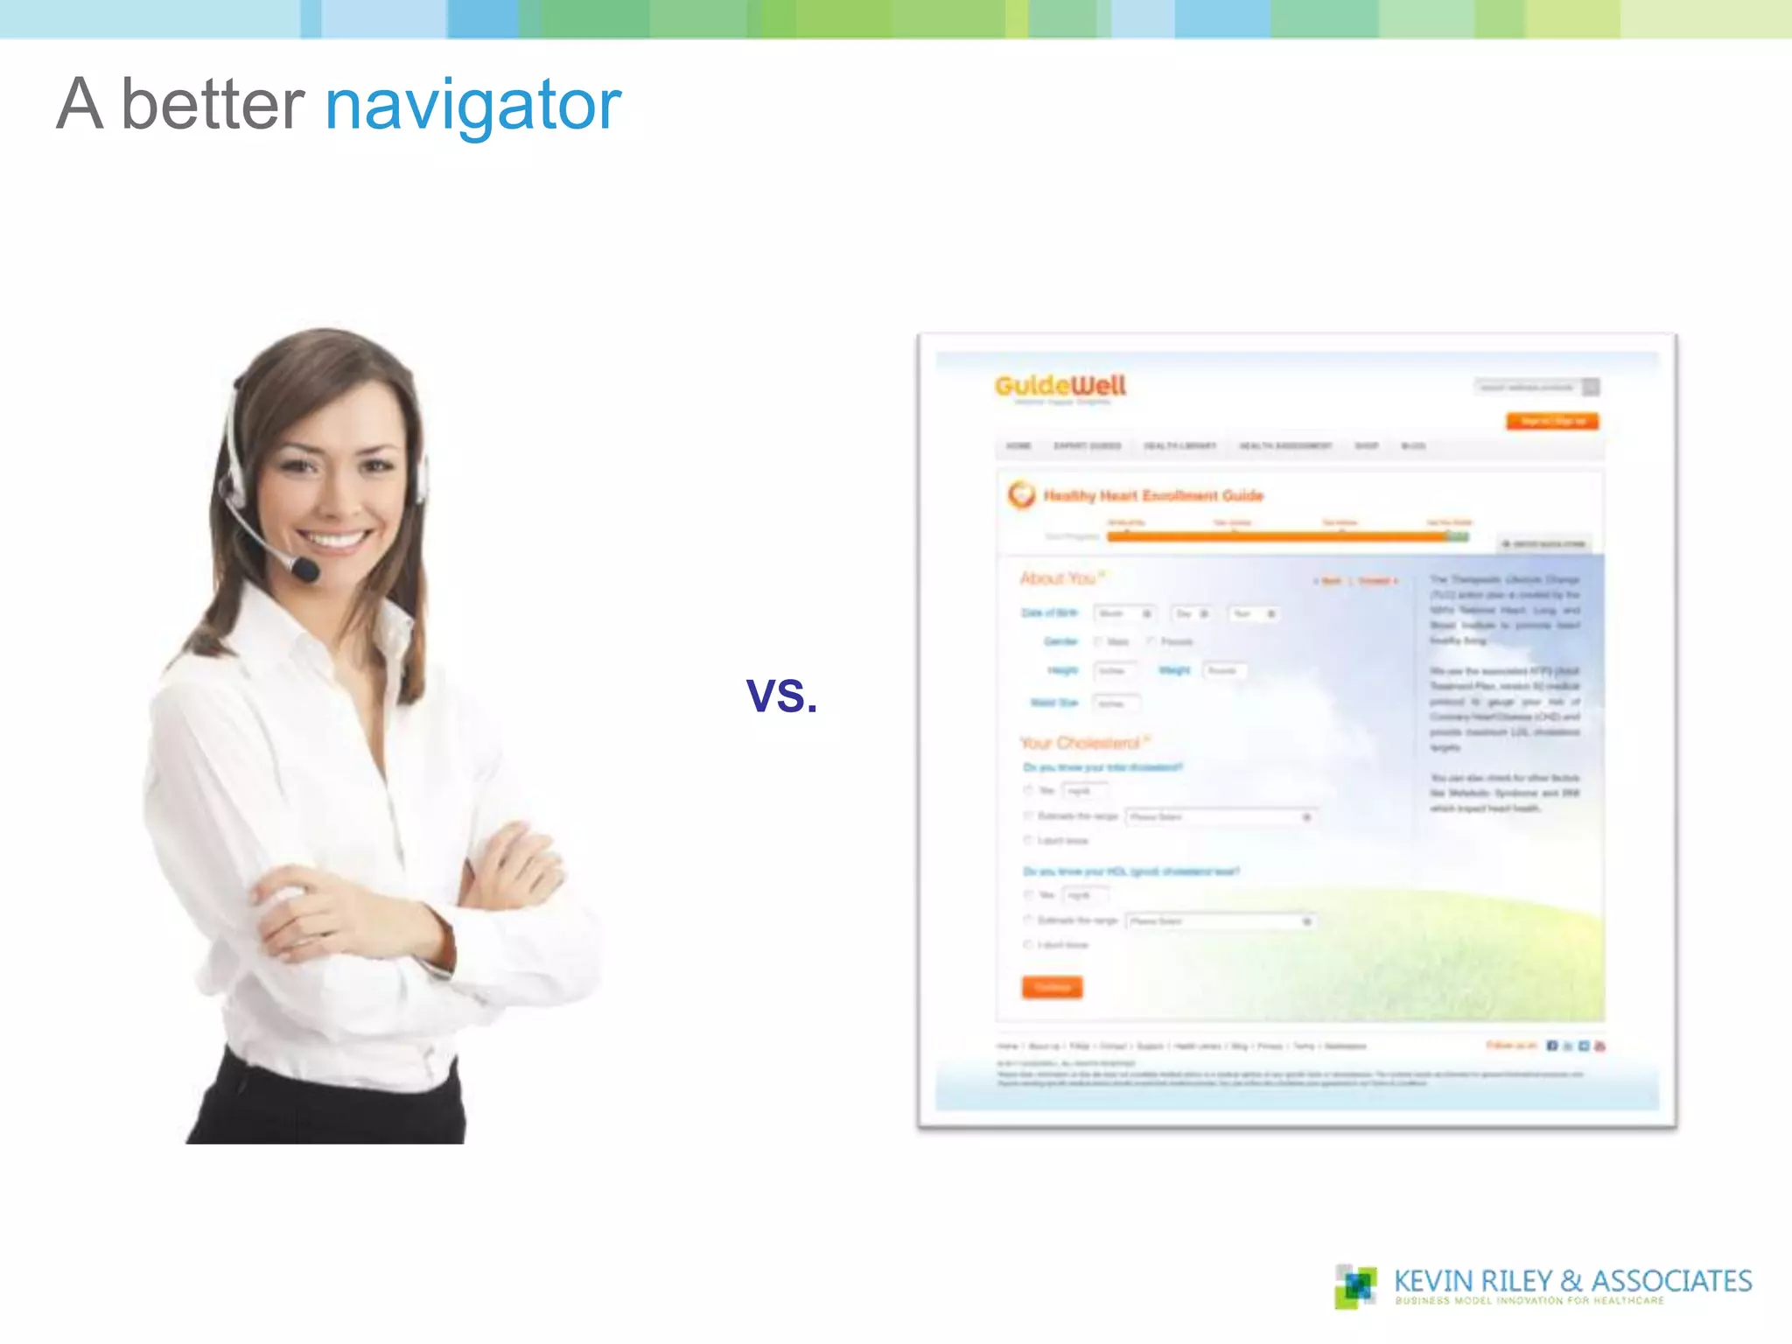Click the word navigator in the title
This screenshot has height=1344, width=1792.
472,105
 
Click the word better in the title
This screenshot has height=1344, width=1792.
213,105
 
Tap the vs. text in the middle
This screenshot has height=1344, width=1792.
781,695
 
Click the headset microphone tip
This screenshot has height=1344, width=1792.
305,570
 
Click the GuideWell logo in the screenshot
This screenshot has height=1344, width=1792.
1060,386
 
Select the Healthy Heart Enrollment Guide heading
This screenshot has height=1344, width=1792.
1152,496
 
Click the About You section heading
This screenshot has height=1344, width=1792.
1058,578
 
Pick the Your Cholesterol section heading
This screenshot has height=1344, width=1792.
1080,743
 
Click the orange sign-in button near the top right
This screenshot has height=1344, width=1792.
1552,422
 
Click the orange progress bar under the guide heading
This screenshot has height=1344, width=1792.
1277,536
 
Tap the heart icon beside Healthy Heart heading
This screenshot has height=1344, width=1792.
1021,494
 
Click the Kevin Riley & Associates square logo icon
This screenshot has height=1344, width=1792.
1355,1285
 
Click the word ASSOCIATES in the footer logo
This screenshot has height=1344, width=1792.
1671,1281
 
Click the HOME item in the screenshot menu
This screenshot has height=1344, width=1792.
1018,446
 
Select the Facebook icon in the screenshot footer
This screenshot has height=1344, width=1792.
1551,1046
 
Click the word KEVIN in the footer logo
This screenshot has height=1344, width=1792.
1433,1281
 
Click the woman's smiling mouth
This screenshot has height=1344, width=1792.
332,538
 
